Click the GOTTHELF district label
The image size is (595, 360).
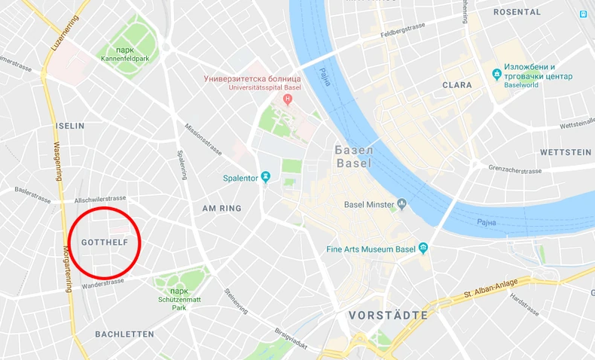point(104,243)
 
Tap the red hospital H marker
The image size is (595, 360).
point(287,99)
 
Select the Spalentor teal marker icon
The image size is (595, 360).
point(266,178)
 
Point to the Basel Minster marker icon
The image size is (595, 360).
point(402,203)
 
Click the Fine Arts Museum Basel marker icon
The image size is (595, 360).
point(423,249)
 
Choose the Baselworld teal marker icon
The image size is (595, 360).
point(496,74)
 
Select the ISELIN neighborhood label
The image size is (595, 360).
point(70,126)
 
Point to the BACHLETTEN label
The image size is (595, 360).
point(124,334)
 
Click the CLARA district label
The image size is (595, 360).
point(457,85)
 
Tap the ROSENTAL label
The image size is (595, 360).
point(517,12)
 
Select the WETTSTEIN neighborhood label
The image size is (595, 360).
point(566,152)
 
